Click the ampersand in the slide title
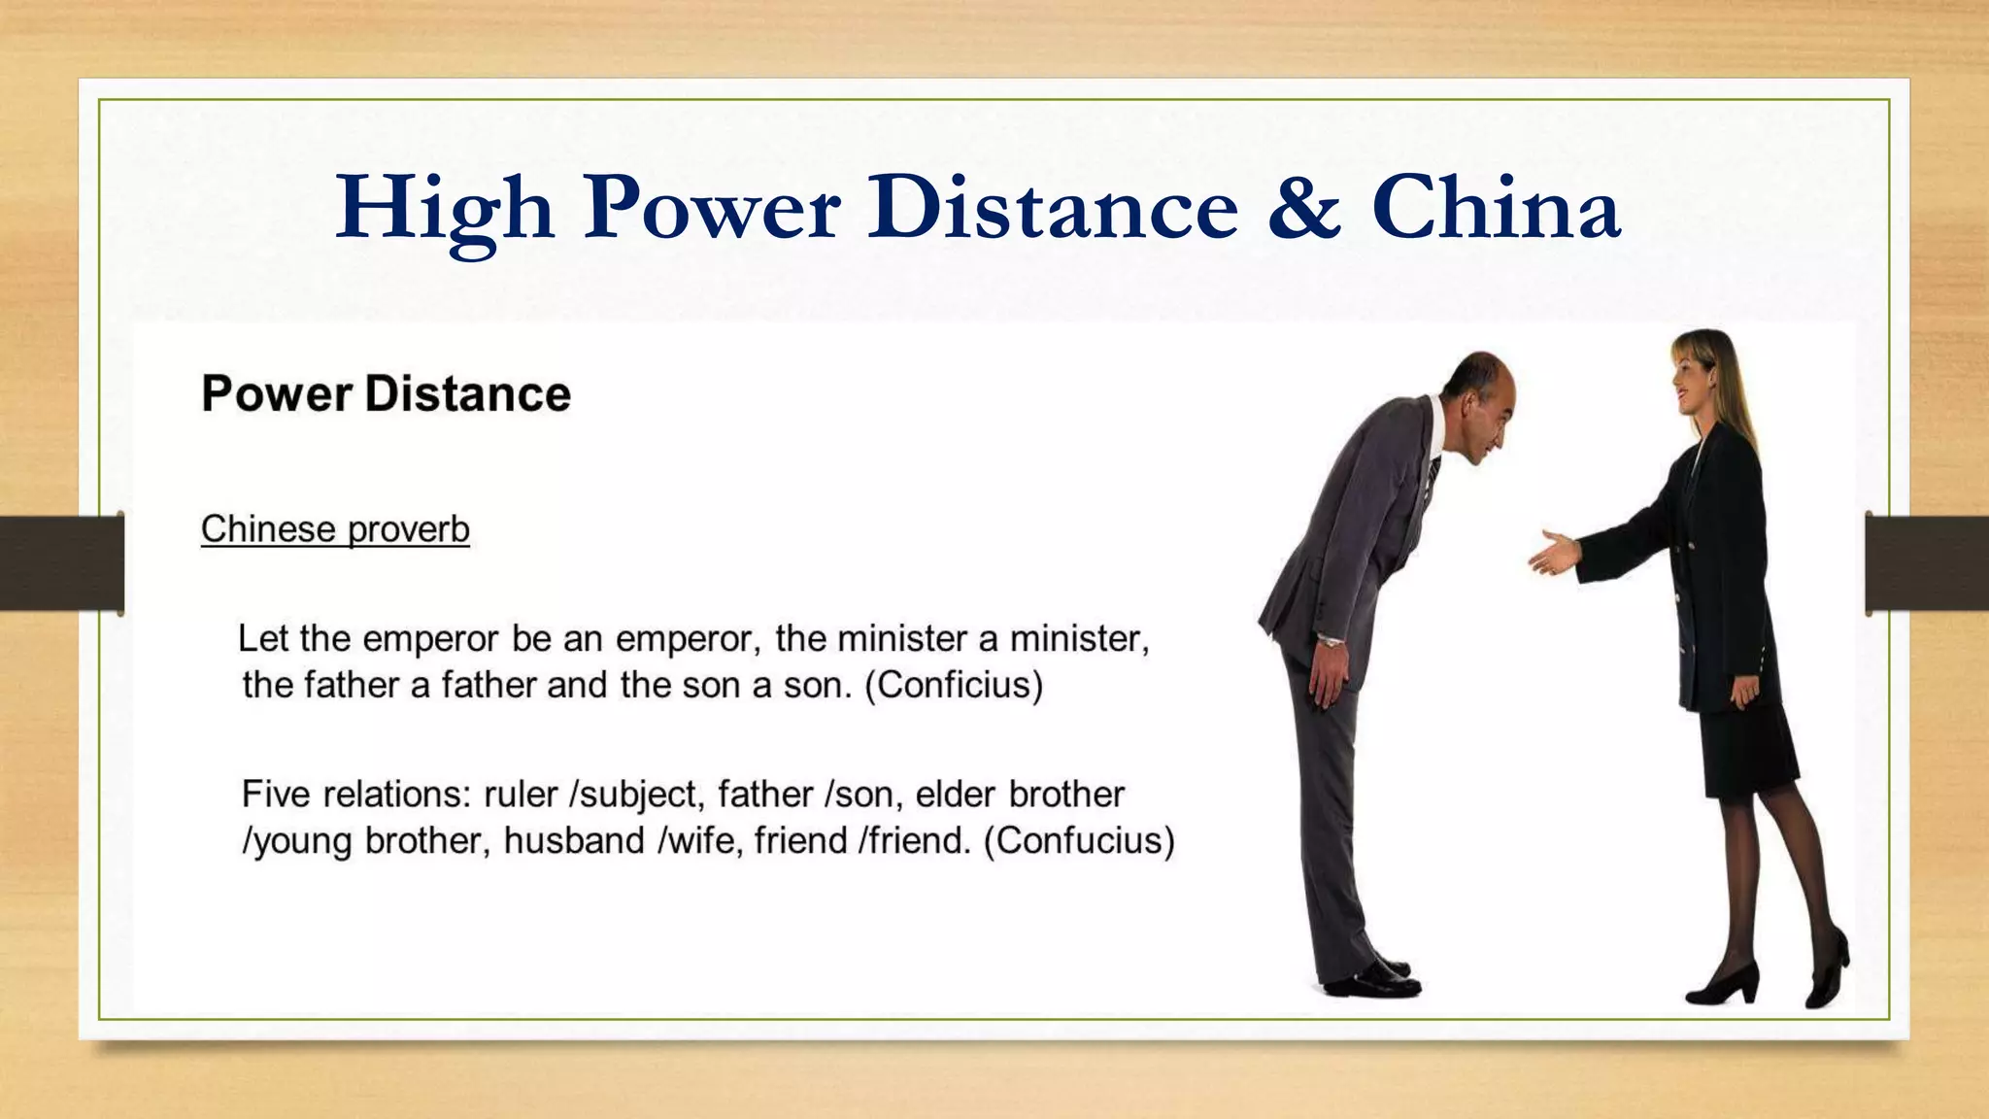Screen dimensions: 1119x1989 pyautogui.click(x=1304, y=208)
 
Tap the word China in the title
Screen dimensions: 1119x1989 pyautogui.click(x=1495, y=208)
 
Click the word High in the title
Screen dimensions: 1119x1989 pyautogui.click(x=444, y=208)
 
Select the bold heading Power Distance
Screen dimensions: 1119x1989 pyautogui.click(x=386, y=394)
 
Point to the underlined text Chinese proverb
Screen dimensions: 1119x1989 pyautogui.click(x=335, y=530)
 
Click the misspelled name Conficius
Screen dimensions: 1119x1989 pyautogui.click(x=954, y=686)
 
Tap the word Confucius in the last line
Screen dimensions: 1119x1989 pyautogui.click(x=1079, y=841)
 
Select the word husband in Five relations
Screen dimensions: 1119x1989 pyautogui.click(x=573, y=841)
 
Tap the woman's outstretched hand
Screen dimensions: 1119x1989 pyautogui.click(x=1552, y=554)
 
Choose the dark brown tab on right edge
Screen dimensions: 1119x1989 pyautogui.click(x=1927, y=562)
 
